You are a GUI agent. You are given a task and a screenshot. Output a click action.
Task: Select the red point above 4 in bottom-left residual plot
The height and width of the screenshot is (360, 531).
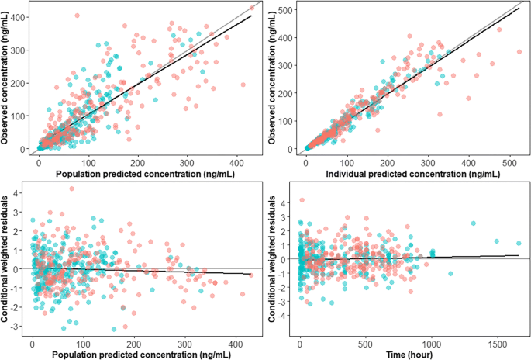[x=71, y=189]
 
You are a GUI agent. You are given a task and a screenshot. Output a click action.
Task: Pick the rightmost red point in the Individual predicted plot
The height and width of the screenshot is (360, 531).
[x=519, y=52]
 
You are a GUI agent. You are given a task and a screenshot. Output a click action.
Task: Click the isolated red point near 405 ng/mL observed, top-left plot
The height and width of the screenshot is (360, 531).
[x=76, y=16]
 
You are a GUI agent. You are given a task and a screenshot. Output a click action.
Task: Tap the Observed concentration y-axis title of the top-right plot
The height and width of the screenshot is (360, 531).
[x=273, y=78]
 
